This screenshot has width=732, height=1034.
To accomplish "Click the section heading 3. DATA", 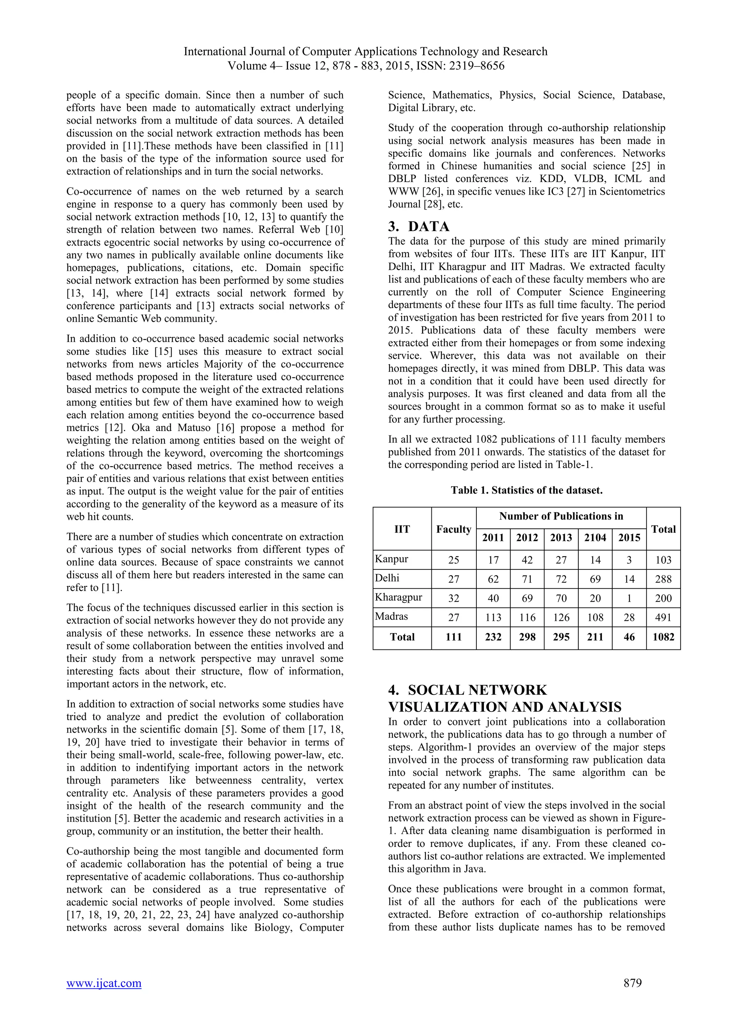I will pyautogui.click(x=419, y=226).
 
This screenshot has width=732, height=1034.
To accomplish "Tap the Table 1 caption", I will pyautogui.click(x=526, y=490).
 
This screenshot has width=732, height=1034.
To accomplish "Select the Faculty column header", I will pyautogui.click(x=454, y=529).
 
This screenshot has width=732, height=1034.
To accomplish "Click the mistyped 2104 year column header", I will pyautogui.click(x=595, y=537).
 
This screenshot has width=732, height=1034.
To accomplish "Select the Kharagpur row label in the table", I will pyautogui.click(x=399, y=598).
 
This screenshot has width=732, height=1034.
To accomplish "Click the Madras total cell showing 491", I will pyautogui.click(x=663, y=617).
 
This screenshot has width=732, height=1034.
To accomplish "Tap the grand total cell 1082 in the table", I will pyautogui.click(x=663, y=637).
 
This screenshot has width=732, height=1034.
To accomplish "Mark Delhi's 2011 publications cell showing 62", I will pyautogui.click(x=493, y=579).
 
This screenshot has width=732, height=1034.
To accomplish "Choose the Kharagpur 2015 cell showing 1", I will pyautogui.click(x=629, y=598).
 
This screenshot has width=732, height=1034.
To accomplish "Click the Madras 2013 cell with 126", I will pyautogui.click(x=561, y=617).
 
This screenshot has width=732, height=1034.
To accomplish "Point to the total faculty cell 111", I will pyautogui.click(x=454, y=637).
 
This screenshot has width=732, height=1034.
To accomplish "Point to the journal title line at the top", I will pyautogui.click(x=366, y=51).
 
